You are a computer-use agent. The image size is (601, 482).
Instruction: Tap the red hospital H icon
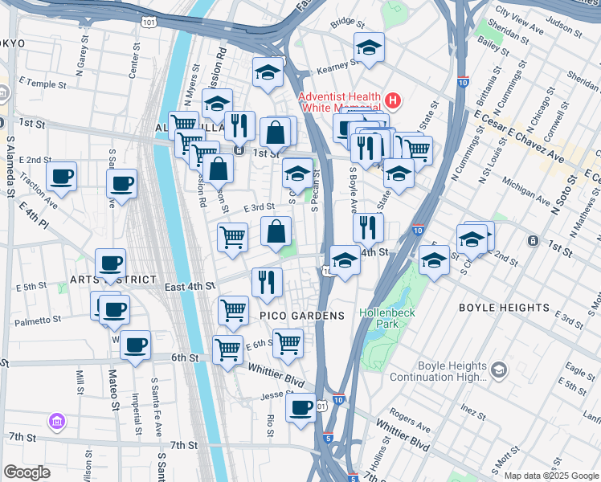tap(392, 100)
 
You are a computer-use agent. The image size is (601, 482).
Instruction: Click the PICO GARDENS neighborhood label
tap(301, 316)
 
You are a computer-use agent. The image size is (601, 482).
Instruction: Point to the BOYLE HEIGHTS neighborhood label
tap(503, 308)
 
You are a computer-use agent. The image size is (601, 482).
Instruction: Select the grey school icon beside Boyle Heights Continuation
tap(499, 369)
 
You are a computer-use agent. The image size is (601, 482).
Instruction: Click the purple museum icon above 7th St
tap(57, 421)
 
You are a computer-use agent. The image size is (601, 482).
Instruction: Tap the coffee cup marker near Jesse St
tap(300, 406)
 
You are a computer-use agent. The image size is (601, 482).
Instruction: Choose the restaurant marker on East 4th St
tap(267, 280)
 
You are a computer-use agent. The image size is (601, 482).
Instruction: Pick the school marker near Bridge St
tap(369, 46)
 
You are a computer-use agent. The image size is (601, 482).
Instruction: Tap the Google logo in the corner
tap(27, 472)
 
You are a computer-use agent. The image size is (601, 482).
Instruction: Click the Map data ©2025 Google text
tap(551, 476)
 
